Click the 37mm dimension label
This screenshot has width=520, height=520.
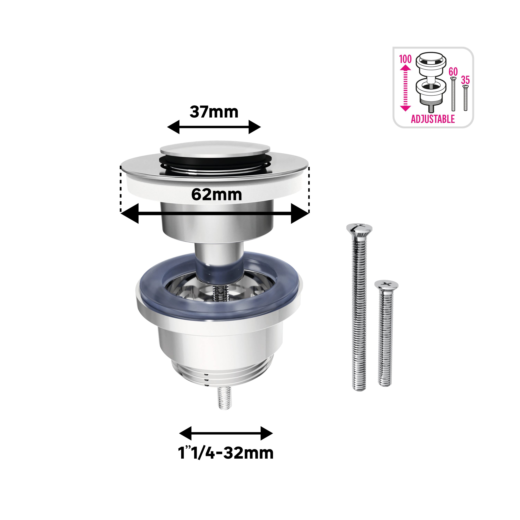coord(214,112)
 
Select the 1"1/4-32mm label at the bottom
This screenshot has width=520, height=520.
coord(226,453)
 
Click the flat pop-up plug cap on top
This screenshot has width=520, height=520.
coord(215,149)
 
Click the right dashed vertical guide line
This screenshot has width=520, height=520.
coord(309,190)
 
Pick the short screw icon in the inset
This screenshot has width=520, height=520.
coord(465,97)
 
